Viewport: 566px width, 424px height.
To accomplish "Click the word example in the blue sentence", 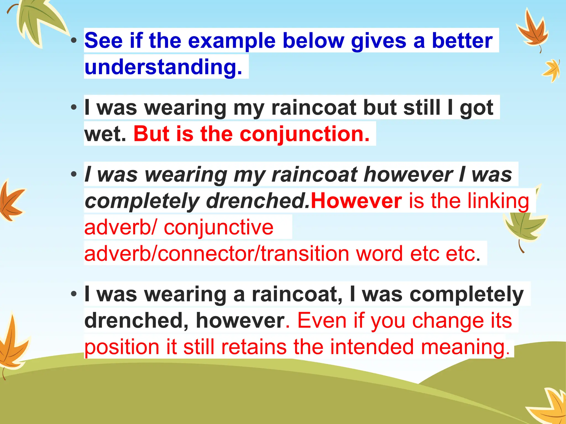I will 232,41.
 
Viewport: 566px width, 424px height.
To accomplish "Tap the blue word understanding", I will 163,67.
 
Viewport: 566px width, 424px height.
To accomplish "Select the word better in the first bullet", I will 462,41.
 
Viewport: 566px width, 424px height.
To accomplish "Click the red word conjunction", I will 305,134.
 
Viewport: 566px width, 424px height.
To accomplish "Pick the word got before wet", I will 476,108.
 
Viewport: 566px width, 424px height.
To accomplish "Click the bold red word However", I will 356,201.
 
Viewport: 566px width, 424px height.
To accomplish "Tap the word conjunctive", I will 219,227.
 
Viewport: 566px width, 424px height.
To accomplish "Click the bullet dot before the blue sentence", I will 74,41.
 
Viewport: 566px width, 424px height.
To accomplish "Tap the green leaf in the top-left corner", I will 39,22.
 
